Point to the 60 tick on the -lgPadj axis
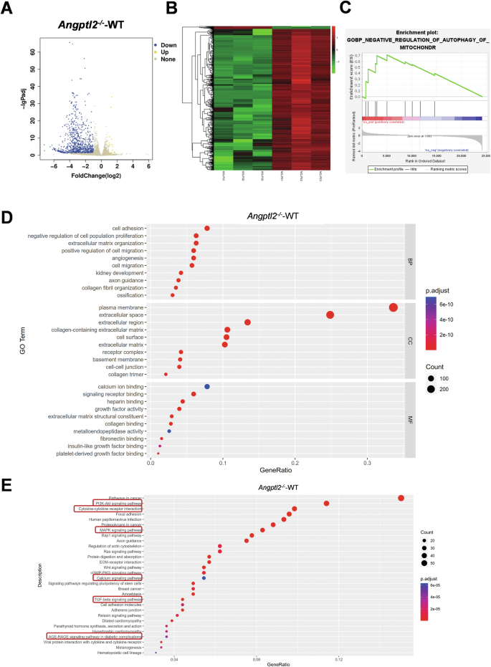[32, 52]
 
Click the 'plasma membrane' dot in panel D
[393, 307]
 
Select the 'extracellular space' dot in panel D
[330, 315]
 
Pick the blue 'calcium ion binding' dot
[207, 386]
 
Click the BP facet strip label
[410, 262]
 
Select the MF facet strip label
[410, 421]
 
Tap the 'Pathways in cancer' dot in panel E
[401, 498]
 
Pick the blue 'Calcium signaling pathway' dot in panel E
[204, 578]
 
